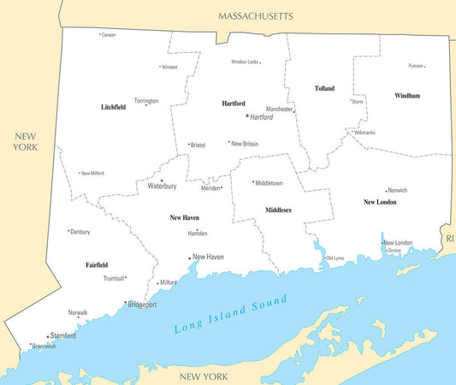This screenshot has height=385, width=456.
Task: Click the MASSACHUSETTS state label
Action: [255, 15]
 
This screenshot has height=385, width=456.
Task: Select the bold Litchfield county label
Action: [113, 107]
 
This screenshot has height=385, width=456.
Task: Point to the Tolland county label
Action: [324, 88]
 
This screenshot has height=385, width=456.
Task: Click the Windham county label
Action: [407, 96]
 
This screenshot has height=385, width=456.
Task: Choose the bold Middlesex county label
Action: [278, 210]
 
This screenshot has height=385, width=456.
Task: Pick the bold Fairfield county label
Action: [97, 265]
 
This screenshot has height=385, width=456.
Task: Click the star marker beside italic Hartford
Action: [247, 115]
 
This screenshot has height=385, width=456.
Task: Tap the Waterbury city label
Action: [162, 186]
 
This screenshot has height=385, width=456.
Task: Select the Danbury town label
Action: [80, 232]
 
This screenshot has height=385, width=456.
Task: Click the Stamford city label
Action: [63, 335]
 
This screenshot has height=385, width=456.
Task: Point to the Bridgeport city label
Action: [143, 304]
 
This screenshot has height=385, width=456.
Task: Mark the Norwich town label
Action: [397, 191]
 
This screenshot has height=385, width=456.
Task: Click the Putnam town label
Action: [416, 66]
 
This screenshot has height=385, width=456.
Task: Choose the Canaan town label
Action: [108, 35]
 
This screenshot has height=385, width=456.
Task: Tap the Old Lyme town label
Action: [335, 258]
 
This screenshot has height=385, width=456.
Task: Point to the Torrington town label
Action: [146, 101]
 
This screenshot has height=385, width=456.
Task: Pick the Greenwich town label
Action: [44, 346]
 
